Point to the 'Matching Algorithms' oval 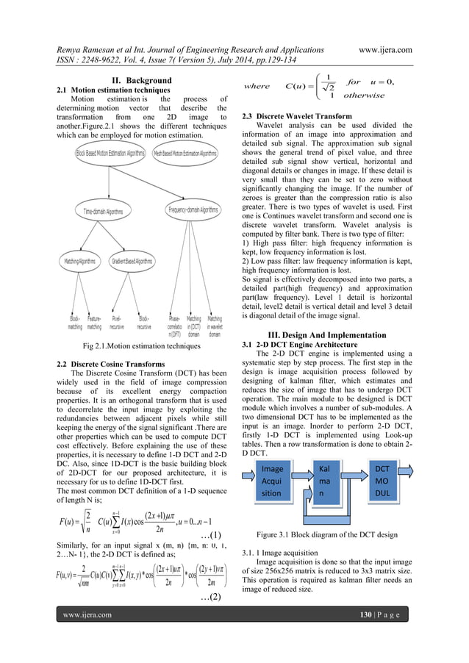coord(80,261)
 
